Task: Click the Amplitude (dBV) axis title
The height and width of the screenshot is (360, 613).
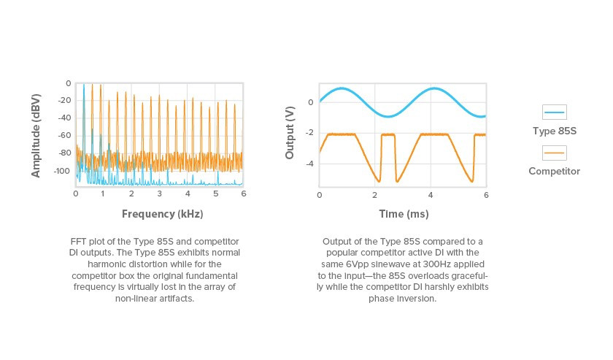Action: point(36,136)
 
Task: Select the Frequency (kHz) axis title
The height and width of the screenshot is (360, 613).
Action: point(162,214)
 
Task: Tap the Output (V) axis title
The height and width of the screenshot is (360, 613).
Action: point(290,133)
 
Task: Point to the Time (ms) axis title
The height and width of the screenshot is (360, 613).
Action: point(404,214)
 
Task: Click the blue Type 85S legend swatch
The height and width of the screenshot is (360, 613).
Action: point(555,112)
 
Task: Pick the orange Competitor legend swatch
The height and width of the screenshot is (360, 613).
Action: point(555,153)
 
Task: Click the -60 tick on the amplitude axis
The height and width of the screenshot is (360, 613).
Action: point(64,135)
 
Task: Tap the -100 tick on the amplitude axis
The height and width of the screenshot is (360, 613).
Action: point(63,171)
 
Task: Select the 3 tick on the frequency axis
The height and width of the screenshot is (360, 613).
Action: point(160,194)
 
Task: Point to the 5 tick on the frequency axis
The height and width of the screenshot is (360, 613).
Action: point(216,194)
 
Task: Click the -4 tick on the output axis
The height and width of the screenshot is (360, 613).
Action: point(309,164)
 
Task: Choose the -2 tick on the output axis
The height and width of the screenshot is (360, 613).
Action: point(309,133)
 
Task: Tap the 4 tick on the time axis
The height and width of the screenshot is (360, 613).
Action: point(431,195)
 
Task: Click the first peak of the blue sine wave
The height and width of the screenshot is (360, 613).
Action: point(342,88)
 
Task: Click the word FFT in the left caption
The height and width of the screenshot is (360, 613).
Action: point(78,242)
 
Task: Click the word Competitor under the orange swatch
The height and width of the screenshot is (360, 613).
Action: point(555,172)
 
